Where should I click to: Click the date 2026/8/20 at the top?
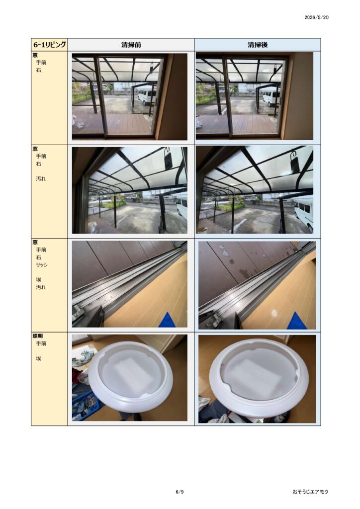coord(316,17)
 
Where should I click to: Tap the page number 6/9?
coord(180,492)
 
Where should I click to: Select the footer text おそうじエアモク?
coord(310,492)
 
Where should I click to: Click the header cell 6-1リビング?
coord(50,44)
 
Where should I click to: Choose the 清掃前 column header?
coord(131,45)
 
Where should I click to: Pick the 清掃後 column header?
coord(258,45)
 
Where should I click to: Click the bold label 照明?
coord(38,336)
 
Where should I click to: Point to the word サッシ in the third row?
coord(42,265)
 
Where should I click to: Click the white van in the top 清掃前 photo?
coord(147,96)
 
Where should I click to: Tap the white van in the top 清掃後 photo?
coord(271,98)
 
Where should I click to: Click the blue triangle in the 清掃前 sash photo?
coord(169,320)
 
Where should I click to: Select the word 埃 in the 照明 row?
coord(38,358)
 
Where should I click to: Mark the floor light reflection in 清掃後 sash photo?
coord(274,313)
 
